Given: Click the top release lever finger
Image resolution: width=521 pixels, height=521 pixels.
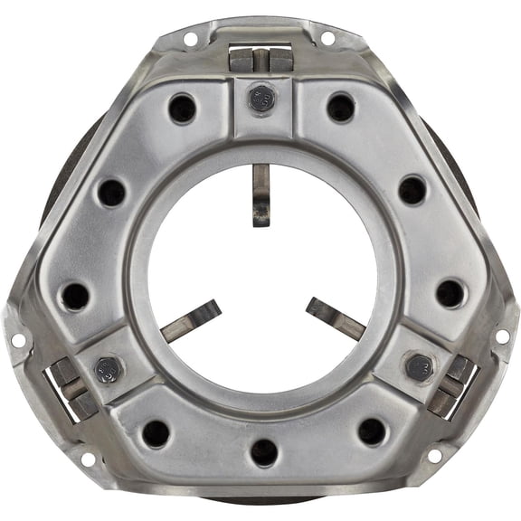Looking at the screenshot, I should (260, 194).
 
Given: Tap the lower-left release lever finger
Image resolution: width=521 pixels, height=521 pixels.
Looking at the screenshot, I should (191, 320).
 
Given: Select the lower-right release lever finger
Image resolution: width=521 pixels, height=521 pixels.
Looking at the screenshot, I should (334, 317).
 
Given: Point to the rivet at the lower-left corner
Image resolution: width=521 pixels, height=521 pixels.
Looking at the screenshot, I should (110, 370).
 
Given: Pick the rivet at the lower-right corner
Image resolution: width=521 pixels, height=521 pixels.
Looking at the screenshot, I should (418, 366).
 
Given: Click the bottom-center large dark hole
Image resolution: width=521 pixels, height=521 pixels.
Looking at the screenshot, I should (263, 452).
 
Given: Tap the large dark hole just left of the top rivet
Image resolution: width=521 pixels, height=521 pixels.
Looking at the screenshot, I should (182, 109).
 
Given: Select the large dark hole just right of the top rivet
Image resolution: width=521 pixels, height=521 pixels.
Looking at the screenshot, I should (340, 108).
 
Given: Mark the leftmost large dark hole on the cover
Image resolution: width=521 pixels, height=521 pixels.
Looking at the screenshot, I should (74, 296).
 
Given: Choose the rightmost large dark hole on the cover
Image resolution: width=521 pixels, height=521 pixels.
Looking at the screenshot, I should (450, 293).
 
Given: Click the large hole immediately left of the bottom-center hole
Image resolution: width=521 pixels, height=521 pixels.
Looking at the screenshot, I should (156, 433).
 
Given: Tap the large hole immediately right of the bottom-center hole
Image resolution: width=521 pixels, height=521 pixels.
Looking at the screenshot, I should (371, 431).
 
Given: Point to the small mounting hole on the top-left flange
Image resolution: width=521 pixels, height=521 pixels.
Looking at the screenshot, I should (190, 39).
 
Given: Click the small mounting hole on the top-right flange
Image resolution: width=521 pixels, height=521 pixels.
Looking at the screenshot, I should (327, 38).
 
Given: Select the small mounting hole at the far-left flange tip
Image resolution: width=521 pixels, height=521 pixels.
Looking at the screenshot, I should (16, 340).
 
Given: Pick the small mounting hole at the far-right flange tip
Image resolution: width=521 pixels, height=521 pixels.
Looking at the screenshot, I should (502, 336).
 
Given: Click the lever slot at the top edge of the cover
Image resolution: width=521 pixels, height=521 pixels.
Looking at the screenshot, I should (260, 60).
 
